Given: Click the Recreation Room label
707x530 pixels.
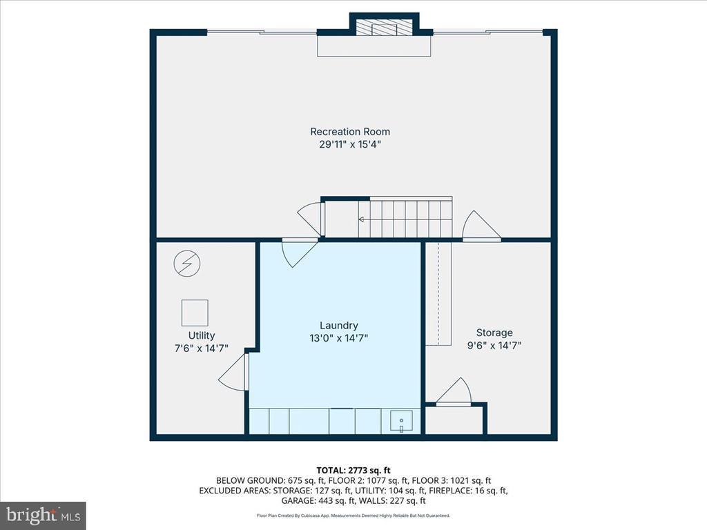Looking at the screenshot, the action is (350, 132).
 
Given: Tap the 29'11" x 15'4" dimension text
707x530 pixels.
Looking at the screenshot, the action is (350, 145).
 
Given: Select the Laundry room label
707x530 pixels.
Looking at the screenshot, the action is (339, 326).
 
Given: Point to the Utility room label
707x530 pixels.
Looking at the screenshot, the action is (202, 335).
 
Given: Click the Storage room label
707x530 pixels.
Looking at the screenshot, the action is (494, 333).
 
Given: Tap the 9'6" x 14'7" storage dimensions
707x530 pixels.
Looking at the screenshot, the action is (494, 346).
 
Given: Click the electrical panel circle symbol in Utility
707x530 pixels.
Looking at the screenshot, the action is (187, 264).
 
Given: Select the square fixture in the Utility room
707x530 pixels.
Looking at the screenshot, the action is (195, 313).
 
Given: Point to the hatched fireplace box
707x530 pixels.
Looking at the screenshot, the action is (385, 27).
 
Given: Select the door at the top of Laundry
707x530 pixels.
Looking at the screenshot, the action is (298, 253).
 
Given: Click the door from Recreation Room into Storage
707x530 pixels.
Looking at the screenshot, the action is (481, 226).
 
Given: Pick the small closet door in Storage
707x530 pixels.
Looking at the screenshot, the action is (454, 392).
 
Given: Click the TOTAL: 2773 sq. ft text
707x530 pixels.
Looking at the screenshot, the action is (353, 471).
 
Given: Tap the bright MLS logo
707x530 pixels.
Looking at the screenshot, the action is (43, 515).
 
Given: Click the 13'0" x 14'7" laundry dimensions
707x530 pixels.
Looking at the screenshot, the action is (339, 338).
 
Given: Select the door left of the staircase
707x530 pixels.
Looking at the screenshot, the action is (310, 219).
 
